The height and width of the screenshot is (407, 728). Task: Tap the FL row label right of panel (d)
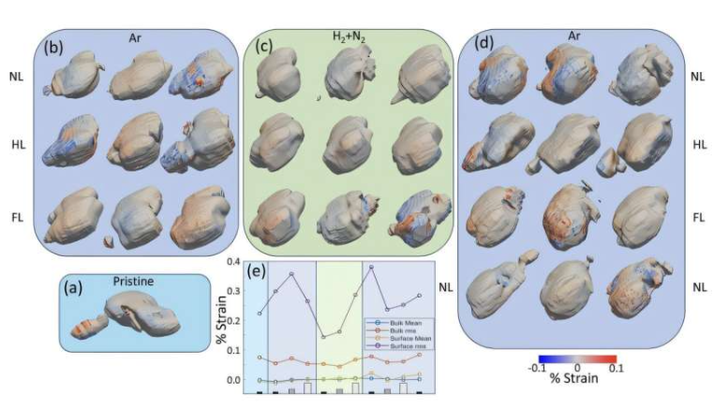pos(699,216)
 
